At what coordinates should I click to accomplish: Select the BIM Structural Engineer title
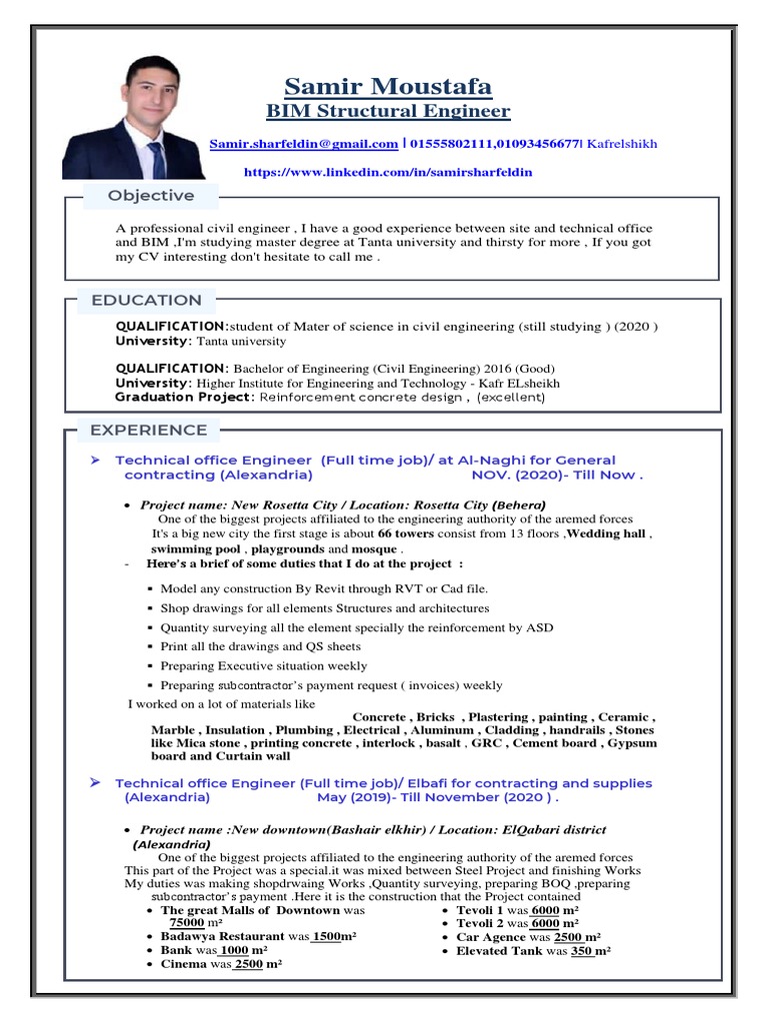tap(388, 111)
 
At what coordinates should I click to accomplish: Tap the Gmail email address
tap(303, 144)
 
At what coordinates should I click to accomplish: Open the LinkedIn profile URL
tap(388, 172)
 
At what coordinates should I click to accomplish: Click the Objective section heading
tap(151, 196)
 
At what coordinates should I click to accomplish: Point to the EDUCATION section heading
tap(146, 300)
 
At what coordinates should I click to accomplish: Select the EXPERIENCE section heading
tap(149, 430)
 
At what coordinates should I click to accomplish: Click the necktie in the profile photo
tap(157, 159)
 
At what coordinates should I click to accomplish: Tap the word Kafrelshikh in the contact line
tap(622, 144)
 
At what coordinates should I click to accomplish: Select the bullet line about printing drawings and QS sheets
tap(260, 646)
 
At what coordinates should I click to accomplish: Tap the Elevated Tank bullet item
tap(533, 951)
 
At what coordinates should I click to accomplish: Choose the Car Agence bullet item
tap(528, 937)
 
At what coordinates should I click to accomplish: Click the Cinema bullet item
tap(221, 964)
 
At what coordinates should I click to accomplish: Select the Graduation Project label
tap(185, 397)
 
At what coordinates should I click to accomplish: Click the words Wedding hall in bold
tap(607, 533)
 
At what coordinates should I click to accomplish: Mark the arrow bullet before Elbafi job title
tap(95, 783)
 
